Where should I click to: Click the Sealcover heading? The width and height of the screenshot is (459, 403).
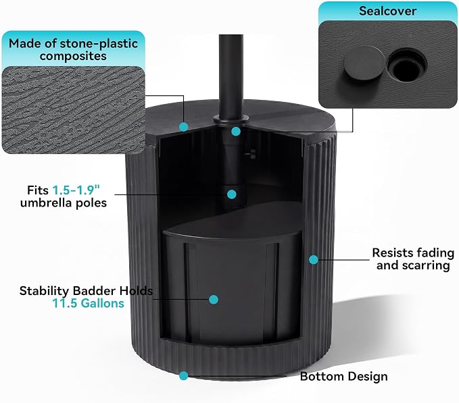click(387, 11)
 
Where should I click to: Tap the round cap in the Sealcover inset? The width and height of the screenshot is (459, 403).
click(364, 63)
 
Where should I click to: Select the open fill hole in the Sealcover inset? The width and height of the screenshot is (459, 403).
click(406, 65)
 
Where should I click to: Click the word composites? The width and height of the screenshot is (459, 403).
click(73, 56)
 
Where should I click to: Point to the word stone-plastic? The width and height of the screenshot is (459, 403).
click(99, 44)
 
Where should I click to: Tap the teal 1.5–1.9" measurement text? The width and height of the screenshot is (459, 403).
click(76, 190)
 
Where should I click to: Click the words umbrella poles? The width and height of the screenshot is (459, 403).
click(64, 203)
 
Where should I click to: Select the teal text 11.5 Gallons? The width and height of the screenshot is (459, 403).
click(88, 303)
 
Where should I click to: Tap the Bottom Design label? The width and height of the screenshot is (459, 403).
click(343, 377)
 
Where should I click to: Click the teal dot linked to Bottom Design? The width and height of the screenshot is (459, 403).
click(184, 376)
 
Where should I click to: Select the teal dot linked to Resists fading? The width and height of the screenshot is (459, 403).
click(314, 259)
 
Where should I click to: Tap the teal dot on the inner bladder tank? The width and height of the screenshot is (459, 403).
click(214, 300)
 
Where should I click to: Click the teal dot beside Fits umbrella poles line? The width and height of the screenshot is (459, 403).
click(232, 194)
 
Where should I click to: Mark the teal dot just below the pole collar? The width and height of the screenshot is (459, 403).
click(236, 131)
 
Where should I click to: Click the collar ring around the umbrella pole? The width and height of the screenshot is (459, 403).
click(231, 119)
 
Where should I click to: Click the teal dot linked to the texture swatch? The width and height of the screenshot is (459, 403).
click(184, 127)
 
